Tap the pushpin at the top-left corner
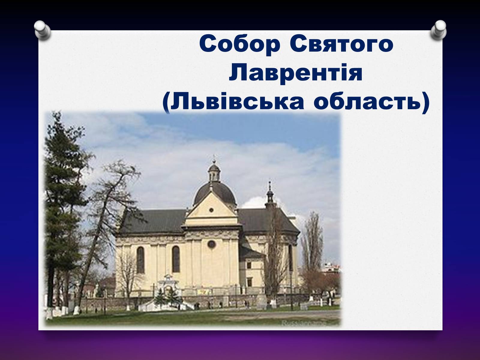(x=42, y=30)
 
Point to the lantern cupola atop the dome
(x=214, y=172)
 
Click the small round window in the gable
(x=211, y=210)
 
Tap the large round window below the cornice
(x=211, y=244)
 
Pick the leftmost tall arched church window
(x=141, y=260)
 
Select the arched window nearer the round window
(x=176, y=259)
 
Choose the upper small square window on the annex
(x=249, y=265)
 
